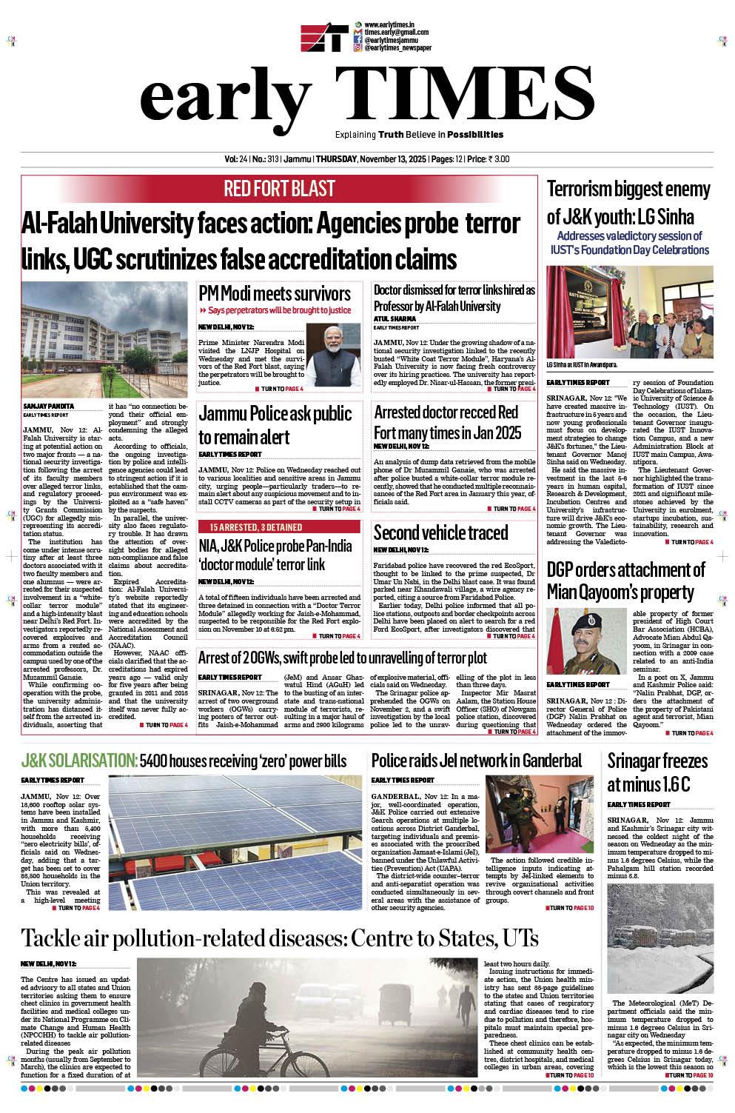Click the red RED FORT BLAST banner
[280, 189]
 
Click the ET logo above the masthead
[324, 39]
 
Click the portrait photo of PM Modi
[332, 355]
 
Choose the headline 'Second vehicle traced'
[440, 532]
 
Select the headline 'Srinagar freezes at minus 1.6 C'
[657, 772]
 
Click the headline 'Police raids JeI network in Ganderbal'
[477, 761]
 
